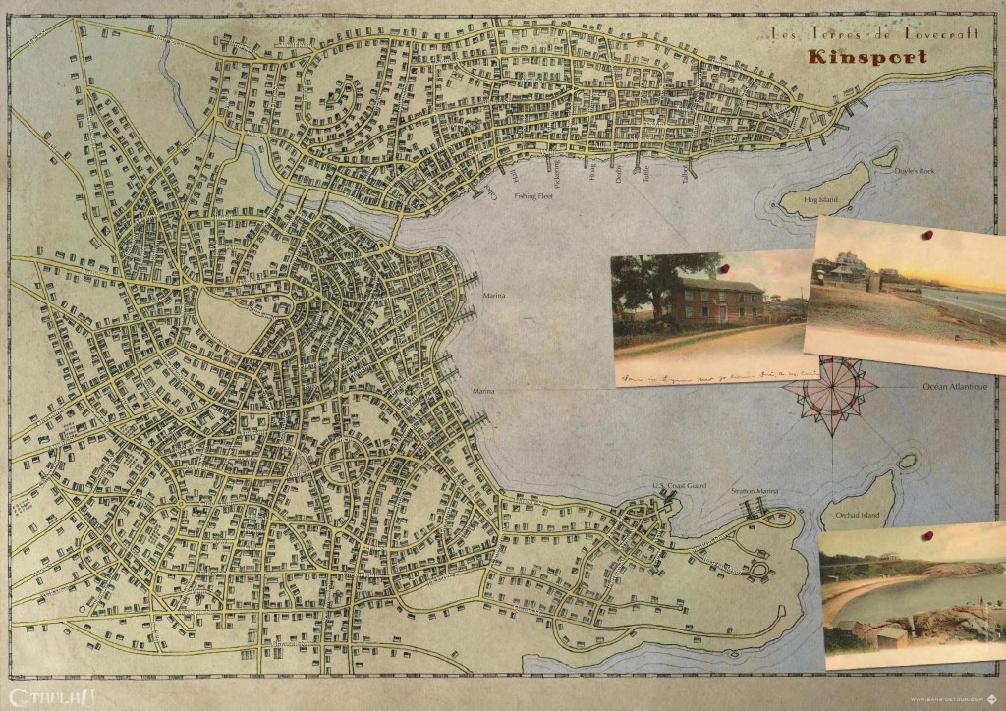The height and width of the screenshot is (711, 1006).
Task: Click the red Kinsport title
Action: click(867, 56)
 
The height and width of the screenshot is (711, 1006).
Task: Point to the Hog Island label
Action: click(820, 200)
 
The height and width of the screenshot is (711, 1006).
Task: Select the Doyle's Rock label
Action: click(915, 171)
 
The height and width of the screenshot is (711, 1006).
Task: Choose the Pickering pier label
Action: click(558, 174)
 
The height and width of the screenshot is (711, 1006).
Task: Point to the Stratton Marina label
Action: click(754, 489)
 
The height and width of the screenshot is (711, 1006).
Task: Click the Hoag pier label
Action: click(592, 173)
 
